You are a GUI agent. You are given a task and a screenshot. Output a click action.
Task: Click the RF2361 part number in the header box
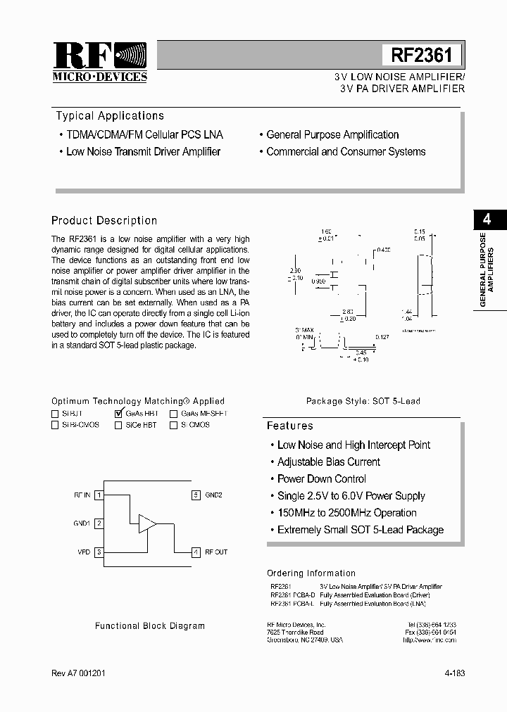point(422,55)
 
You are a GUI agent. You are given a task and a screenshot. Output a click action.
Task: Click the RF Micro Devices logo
point(99,62)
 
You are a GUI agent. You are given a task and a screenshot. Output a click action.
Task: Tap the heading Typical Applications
point(110,116)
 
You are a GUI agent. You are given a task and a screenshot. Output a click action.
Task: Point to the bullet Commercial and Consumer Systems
point(346,152)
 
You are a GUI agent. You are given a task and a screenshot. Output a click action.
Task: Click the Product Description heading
point(104,221)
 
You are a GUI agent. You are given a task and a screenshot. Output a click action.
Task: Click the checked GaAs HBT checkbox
point(118,414)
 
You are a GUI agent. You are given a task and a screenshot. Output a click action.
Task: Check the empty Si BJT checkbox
point(55,414)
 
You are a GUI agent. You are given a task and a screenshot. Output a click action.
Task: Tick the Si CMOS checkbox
point(173,425)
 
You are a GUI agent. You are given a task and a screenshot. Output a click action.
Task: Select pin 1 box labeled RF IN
point(100,495)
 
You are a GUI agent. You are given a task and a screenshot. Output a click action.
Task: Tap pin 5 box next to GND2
point(196,495)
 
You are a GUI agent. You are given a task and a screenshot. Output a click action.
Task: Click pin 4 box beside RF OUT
point(196,552)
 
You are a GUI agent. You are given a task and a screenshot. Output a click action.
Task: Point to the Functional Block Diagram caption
point(150,625)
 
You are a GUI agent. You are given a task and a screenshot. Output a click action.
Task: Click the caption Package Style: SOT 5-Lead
point(363,401)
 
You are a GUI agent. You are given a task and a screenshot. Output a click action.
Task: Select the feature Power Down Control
point(321,479)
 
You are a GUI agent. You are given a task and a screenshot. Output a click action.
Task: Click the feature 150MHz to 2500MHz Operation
point(346,513)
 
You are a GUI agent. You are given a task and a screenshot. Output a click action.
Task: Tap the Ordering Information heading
point(311,573)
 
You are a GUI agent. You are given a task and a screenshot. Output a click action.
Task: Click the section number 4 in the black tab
point(485,219)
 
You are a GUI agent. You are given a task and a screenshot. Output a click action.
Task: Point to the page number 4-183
point(455,673)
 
